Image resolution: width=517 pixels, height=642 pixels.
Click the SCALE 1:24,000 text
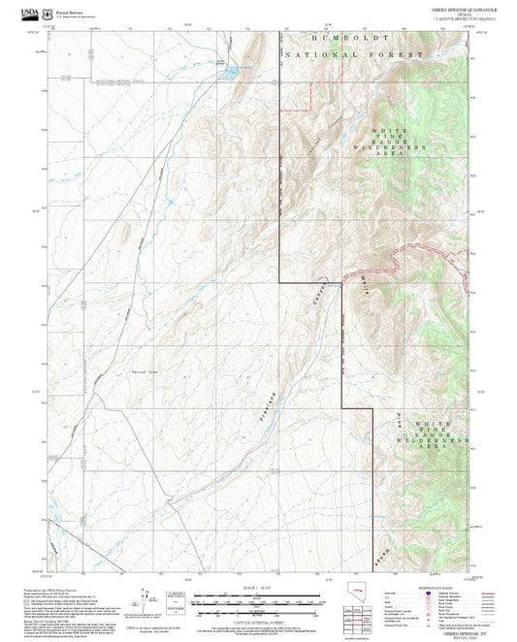pos(258,587)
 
